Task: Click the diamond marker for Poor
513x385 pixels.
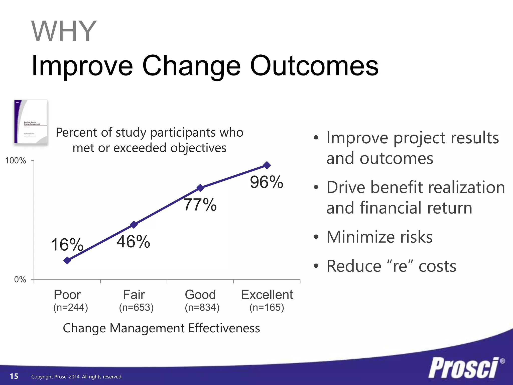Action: (67, 260)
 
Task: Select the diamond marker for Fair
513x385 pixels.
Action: (134, 225)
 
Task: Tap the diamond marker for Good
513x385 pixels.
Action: (200, 188)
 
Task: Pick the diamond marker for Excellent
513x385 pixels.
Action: (267, 165)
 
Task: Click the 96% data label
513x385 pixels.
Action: (267, 182)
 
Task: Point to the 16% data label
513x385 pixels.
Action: (67, 245)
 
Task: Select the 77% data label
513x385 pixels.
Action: (200, 205)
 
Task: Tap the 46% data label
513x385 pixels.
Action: (133, 242)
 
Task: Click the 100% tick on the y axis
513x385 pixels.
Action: (16, 161)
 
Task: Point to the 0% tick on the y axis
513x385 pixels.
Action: (20, 279)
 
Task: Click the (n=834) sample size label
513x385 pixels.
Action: (202, 308)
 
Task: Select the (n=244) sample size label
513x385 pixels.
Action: (71, 308)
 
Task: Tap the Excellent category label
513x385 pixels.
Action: (267, 295)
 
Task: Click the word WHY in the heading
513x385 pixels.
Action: (64, 32)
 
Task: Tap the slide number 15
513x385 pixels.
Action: (14, 376)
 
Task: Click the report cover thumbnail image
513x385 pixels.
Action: (31, 122)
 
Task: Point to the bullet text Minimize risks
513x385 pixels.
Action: (379, 237)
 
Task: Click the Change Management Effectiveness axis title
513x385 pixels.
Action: (161, 328)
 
